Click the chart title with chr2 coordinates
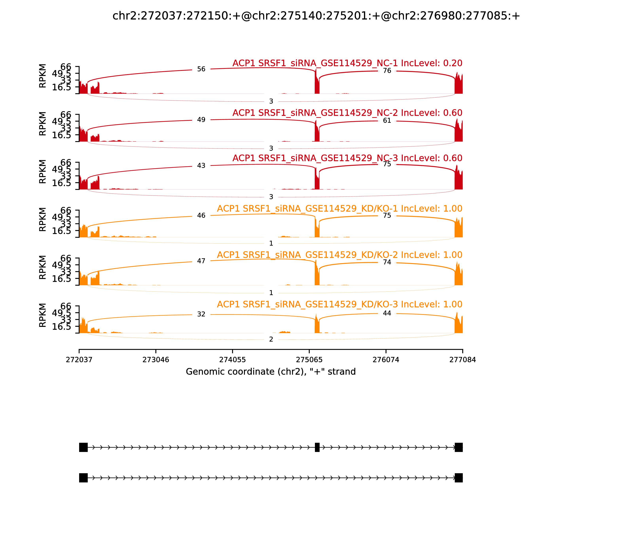pyautogui.click(x=316, y=16)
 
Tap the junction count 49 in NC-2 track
pyautogui.click(x=201, y=120)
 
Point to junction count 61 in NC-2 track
pyautogui.click(x=387, y=120)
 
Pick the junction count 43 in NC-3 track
pyautogui.click(x=201, y=166)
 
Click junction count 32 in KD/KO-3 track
pyautogui.click(x=201, y=314)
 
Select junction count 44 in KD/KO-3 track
pyautogui.click(x=387, y=313)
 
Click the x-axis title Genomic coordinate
pyautogui.click(x=271, y=372)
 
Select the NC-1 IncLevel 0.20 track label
pyautogui.click(x=347, y=63)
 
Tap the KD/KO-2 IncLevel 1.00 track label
pyautogui.click(x=339, y=255)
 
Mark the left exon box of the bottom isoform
pyautogui.click(x=83, y=478)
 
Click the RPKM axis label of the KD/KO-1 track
pyautogui.click(x=43, y=219)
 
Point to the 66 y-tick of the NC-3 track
pyautogui.click(x=66, y=163)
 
